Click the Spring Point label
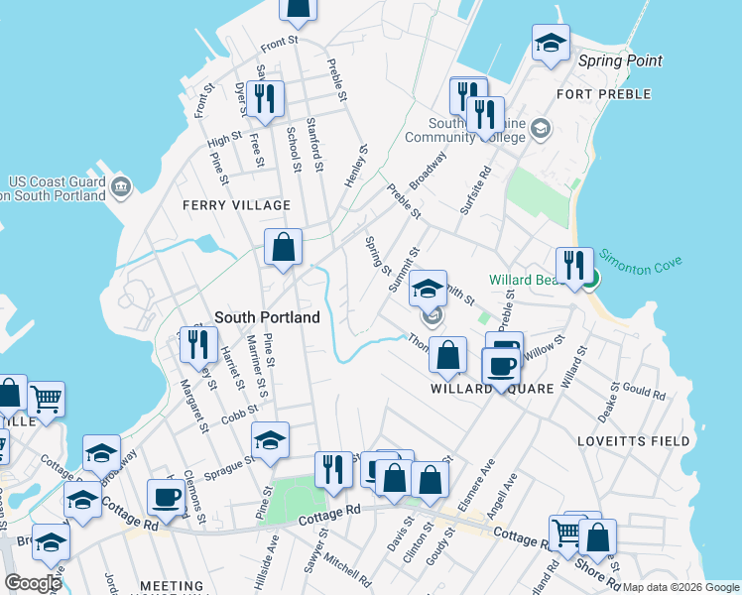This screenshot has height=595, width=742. point(620,60)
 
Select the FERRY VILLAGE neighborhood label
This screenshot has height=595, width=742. point(236,205)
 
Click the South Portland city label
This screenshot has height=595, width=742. point(268,317)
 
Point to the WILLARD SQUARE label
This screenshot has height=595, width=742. point(490,389)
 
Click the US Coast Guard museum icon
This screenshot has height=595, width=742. point(121,185)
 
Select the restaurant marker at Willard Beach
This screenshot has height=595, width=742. point(574,266)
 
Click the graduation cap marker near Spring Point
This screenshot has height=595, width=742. point(551,43)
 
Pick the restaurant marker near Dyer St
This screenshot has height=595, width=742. point(265,97)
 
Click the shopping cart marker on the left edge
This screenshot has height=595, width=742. point(47,400)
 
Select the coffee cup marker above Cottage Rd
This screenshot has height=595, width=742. point(166,496)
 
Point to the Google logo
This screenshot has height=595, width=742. point(33,583)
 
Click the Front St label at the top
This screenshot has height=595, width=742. point(279,42)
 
